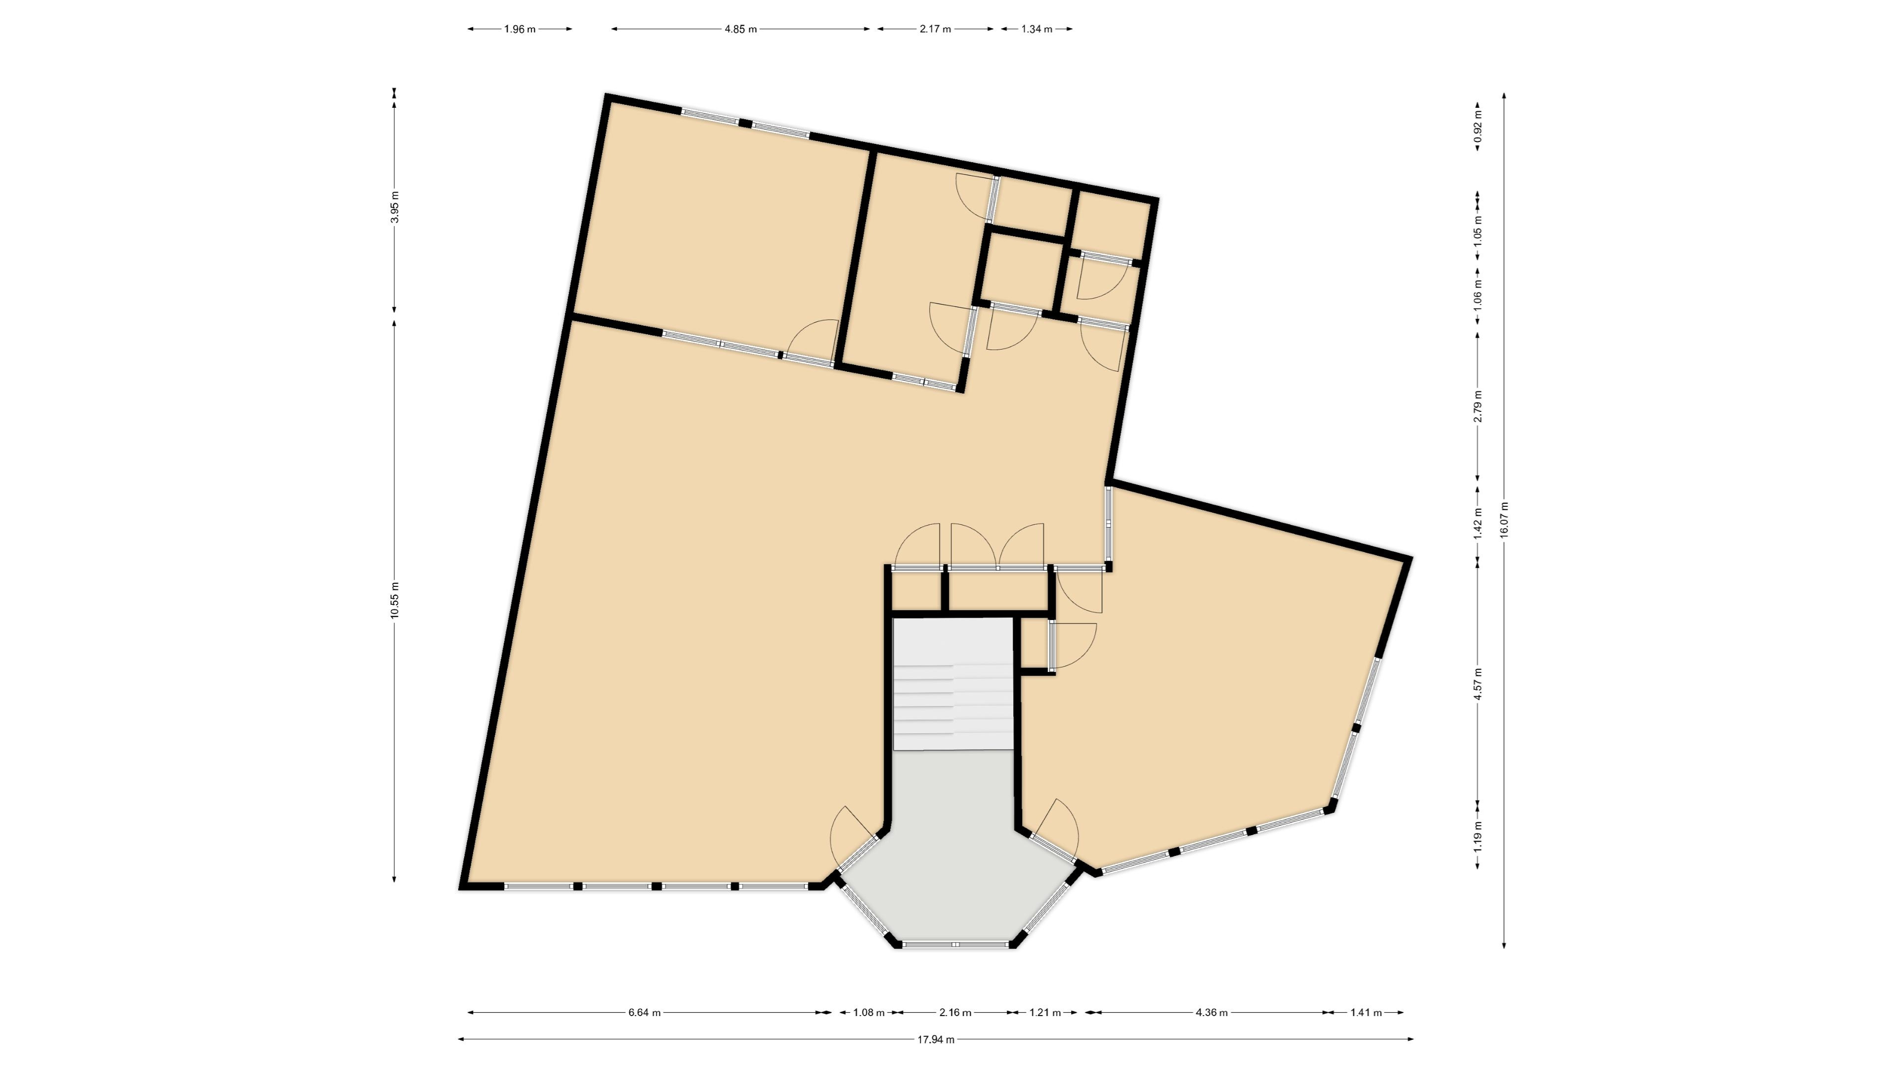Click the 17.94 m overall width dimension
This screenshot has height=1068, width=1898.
(936, 1040)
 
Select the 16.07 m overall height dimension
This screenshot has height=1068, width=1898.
(1504, 520)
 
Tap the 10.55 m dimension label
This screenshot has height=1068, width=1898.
(394, 601)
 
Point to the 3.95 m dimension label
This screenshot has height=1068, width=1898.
(394, 207)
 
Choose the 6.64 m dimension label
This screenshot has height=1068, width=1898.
(645, 1013)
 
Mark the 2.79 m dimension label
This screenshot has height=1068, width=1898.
(1477, 406)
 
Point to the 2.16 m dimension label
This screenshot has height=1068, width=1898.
(955, 1013)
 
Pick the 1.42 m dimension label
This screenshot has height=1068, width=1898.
(1477, 523)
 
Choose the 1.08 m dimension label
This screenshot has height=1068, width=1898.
(869, 1013)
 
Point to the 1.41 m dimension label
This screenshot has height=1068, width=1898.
(1366, 1013)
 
